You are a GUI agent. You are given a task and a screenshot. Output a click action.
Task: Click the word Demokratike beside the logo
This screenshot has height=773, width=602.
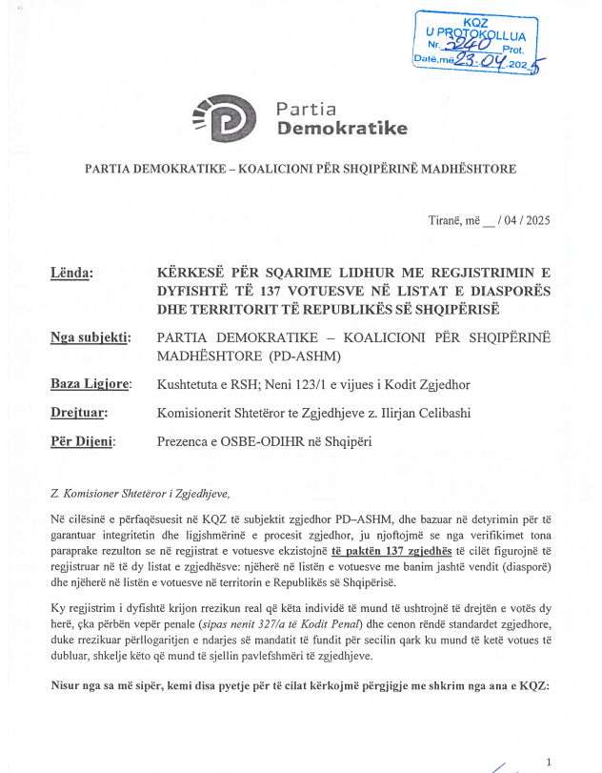point(342,128)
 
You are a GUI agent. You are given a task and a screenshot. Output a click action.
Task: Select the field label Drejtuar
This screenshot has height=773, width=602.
point(78,413)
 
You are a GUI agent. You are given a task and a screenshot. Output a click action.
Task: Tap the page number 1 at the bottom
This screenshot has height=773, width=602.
point(550,761)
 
